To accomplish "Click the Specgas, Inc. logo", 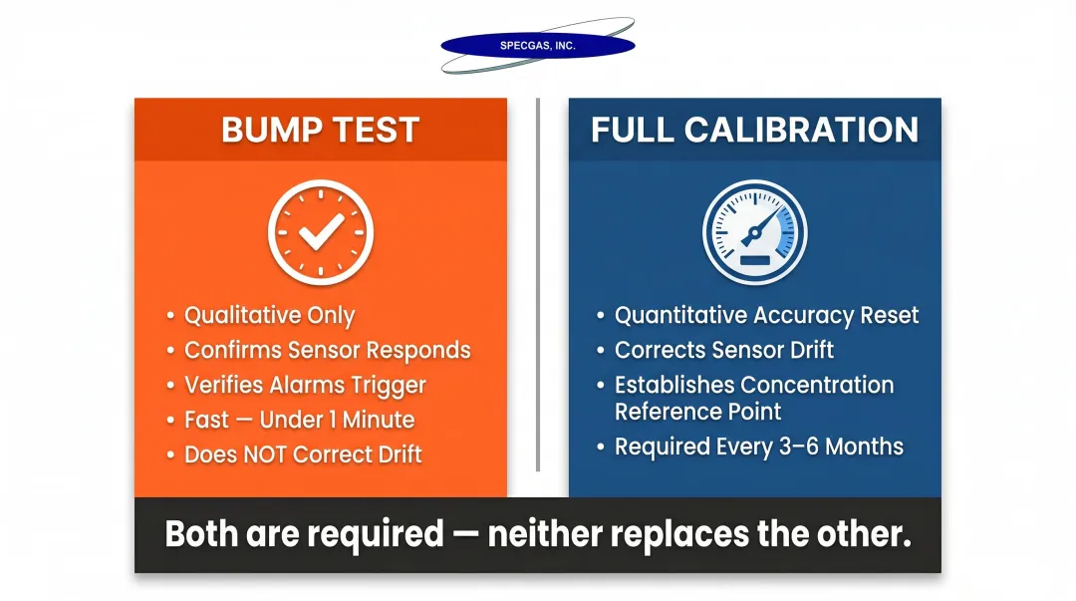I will click(538, 46).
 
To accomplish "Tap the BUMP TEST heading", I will click(320, 131).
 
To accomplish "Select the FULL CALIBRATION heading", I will click(754, 131).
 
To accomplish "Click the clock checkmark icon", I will click(320, 230).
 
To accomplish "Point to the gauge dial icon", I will click(754, 231).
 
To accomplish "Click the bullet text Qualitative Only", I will click(269, 316).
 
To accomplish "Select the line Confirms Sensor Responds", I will click(327, 351).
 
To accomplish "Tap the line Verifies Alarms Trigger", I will click(305, 386).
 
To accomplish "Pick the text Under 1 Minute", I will click(337, 420).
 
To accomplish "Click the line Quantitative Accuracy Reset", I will click(766, 316).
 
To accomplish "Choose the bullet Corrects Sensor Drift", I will click(724, 351).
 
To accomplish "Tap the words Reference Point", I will click(697, 412).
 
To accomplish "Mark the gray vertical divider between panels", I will click(538, 284).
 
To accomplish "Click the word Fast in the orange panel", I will click(206, 420).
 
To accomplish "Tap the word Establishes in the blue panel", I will click(674, 386).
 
